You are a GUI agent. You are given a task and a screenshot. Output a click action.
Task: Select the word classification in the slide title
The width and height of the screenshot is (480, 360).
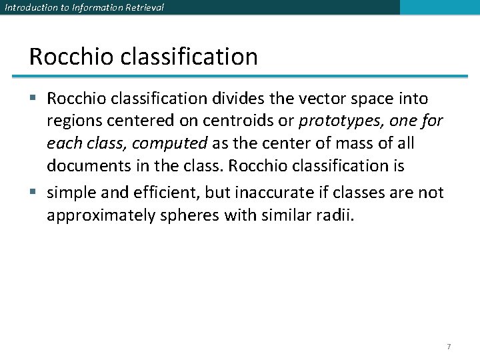click(189, 57)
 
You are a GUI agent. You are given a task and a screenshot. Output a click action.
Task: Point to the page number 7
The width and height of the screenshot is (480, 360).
click(449, 347)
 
